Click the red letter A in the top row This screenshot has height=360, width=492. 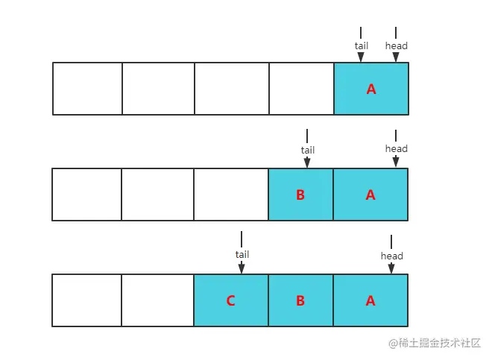pos(371,89)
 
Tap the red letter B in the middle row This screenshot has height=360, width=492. pos(300,195)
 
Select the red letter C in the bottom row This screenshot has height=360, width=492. pos(230,300)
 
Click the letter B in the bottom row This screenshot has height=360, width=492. pos(300,300)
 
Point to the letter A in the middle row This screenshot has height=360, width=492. pos(370,195)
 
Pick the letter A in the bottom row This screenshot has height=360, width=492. pos(370,300)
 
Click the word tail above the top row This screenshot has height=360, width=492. pos(361,45)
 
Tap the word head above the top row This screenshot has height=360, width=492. pos(397,45)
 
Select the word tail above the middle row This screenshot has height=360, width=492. pos(307,150)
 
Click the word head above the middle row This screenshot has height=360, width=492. pos(397,148)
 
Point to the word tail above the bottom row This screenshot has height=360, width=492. pos(242,254)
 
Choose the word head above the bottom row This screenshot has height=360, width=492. pos(392,256)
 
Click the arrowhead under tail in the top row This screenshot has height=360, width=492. pos(361,57)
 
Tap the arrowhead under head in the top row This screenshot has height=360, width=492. pos(396,57)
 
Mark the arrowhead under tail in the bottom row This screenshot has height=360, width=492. pos(242,269)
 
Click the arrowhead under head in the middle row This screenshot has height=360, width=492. pos(396,162)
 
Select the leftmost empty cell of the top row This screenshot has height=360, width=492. pos(87,89)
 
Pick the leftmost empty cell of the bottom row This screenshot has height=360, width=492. pos(87,300)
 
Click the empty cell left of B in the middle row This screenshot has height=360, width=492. pos(231,195)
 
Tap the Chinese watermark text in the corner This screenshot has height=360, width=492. pos(435,343)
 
